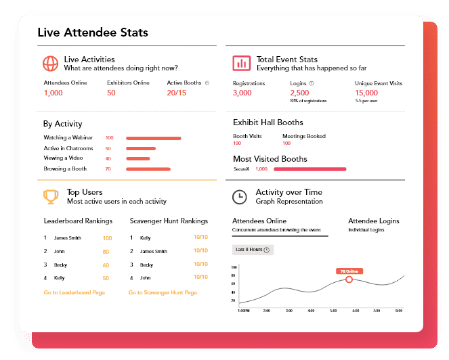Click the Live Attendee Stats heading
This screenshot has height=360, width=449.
[x=93, y=32]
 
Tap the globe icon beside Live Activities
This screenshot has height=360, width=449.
[x=50, y=64]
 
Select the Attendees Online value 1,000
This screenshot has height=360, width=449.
[x=53, y=93]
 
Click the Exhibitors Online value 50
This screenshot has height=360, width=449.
[x=111, y=93]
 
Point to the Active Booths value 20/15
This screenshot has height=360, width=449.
[x=176, y=93]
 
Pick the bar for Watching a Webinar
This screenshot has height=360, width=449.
[x=154, y=138]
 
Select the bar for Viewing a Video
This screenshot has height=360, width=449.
[x=138, y=158]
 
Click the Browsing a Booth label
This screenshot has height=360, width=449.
[x=65, y=168]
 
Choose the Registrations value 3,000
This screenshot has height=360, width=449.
[x=242, y=93]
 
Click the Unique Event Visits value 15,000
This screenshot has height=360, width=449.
[x=366, y=93]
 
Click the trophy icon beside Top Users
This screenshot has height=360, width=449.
[x=50, y=196]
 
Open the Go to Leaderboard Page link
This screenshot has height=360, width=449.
[x=74, y=292]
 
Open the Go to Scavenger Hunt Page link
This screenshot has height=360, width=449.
[x=163, y=292]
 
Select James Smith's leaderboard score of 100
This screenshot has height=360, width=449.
[x=106, y=238]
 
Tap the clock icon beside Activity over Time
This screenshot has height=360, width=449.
[x=240, y=197]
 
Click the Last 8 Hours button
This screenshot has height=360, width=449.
[x=253, y=250]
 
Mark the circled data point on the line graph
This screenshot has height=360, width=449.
[x=349, y=279]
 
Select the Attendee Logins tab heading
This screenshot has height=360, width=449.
[x=373, y=221]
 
